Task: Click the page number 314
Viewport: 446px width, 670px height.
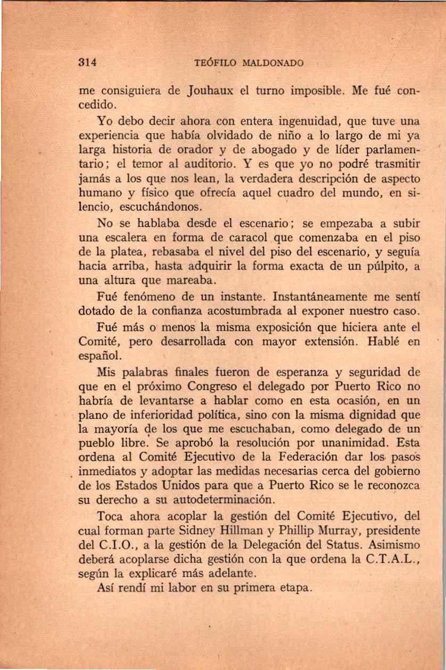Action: [x=86, y=62]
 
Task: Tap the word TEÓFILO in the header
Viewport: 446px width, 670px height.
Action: [x=215, y=63]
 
